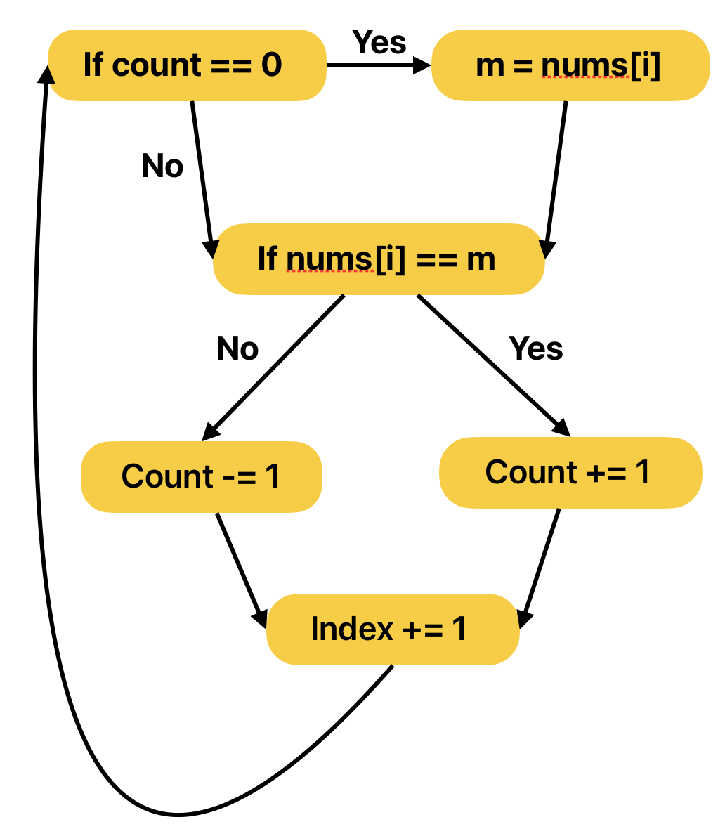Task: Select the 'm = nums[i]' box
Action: pyautogui.click(x=570, y=65)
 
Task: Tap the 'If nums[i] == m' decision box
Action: pyautogui.click(x=378, y=259)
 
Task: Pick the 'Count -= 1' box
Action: pyautogui.click(x=202, y=476)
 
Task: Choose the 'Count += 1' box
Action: pyautogui.click(x=570, y=472)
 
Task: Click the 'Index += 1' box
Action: pyautogui.click(x=392, y=628)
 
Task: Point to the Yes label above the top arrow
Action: pyautogui.click(x=379, y=42)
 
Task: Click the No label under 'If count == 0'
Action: pyautogui.click(x=162, y=166)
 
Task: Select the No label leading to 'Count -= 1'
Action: pyautogui.click(x=237, y=348)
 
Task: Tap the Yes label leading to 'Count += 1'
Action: pyautogui.click(x=536, y=348)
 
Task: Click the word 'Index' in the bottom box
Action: pyautogui.click(x=352, y=628)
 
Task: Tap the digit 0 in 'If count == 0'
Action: pyautogui.click(x=271, y=65)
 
